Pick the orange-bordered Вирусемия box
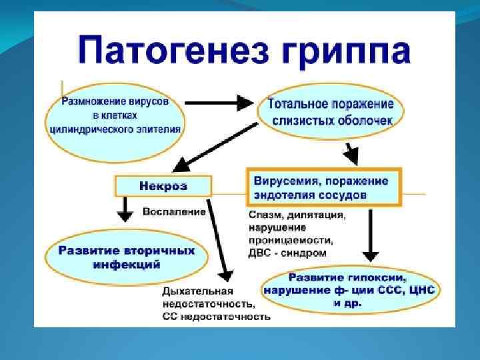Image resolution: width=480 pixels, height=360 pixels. click(323, 187)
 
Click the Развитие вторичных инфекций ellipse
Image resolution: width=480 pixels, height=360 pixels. click(127, 257)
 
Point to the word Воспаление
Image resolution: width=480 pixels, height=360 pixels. click(175, 211)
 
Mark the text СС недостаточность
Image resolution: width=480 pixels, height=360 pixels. click(216, 316)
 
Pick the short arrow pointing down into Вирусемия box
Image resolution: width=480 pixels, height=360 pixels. click(350, 154)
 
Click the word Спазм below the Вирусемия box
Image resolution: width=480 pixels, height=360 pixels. click(265, 215)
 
